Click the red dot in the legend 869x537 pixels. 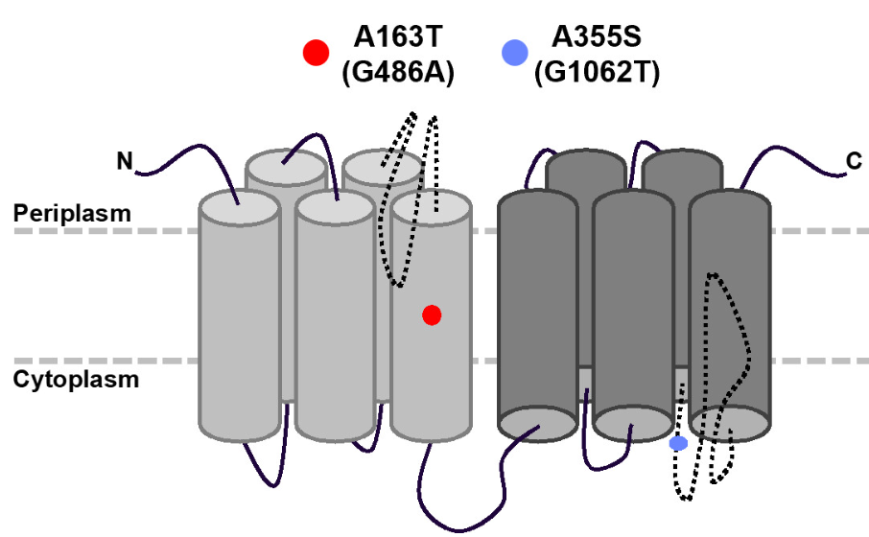(x=316, y=53)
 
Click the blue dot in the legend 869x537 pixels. (x=515, y=53)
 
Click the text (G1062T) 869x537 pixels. (x=597, y=73)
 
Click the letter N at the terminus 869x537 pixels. (x=125, y=161)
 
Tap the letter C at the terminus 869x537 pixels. (x=854, y=161)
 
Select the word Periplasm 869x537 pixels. (x=72, y=213)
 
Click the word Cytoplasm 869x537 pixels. (x=76, y=379)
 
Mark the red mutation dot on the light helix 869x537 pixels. (x=432, y=315)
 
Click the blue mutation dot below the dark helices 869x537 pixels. (x=678, y=443)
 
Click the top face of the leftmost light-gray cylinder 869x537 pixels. (x=239, y=207)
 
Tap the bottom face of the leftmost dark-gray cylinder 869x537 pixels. (x=537, y=421)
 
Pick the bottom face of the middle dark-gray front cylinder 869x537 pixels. (x=632, y=421)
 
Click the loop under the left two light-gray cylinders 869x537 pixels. (x=264, y=470)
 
